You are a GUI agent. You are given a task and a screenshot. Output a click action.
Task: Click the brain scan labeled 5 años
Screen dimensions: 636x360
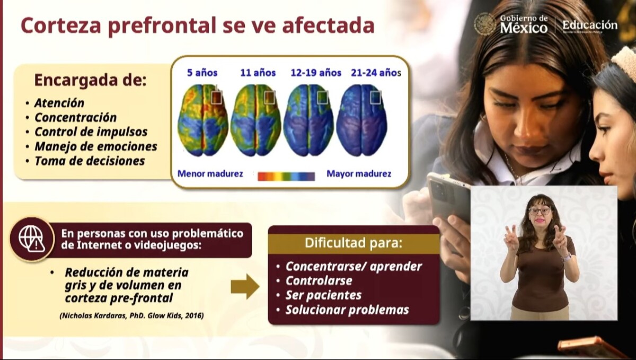click(x=203, y=120)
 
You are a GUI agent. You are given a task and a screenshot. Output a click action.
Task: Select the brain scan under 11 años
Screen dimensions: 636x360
click(x=256, y=120)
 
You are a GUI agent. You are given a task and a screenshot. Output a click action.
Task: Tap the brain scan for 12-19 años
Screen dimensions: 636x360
click(x=308, y=120)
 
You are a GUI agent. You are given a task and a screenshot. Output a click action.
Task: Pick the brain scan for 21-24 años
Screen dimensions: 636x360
click(x=361, y=120)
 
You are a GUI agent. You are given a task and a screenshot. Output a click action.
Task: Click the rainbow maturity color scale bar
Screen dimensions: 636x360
click(x=286, y=176)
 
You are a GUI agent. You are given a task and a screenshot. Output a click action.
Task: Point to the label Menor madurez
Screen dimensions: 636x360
click(x=210, y=173)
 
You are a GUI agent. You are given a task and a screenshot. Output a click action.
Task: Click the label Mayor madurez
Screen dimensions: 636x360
click(x=359, y=173)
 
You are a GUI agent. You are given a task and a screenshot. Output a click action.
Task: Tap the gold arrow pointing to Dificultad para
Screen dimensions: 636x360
click(x=245, y=286)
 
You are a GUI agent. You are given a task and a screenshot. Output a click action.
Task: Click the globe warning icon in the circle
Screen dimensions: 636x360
click(x=32, y=239)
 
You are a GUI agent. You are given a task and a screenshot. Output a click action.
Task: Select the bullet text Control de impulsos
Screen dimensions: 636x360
click(x=91, y=132)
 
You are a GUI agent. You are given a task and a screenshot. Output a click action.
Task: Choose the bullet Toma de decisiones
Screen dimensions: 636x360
click(x=90, y=161)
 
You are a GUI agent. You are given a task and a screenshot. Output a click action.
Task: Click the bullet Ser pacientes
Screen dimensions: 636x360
click(x=323, y=295)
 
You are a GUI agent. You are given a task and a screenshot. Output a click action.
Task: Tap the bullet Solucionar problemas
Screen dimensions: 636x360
click(x=347, y=310)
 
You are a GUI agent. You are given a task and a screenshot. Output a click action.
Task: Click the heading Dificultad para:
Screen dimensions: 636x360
click(x=354, y=243)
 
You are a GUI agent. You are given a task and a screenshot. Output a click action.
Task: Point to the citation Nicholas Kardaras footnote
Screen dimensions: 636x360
click(x=132, y=315)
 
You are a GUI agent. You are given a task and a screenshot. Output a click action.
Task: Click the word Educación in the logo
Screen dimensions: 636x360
click(x=590, y=25)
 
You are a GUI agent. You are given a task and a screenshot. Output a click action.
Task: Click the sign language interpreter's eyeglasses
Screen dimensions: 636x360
click(x=540, y=211)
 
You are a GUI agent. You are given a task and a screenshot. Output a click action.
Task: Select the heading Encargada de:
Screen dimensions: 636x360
click(x=90, y=81)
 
